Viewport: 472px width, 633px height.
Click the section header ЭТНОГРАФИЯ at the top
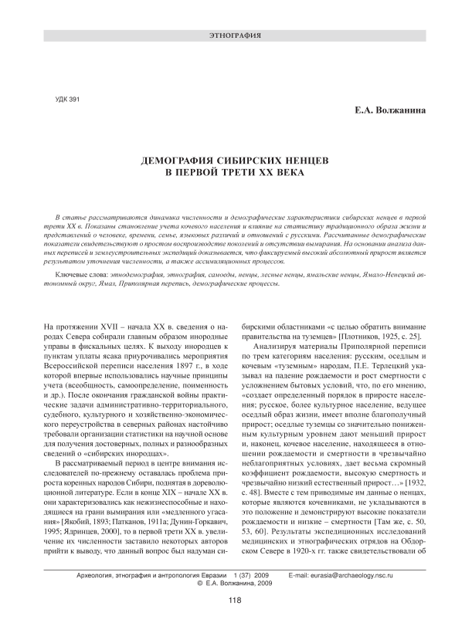click(x=236, y=36)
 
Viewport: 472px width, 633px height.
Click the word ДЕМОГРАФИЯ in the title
click(x=182, y=157)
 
